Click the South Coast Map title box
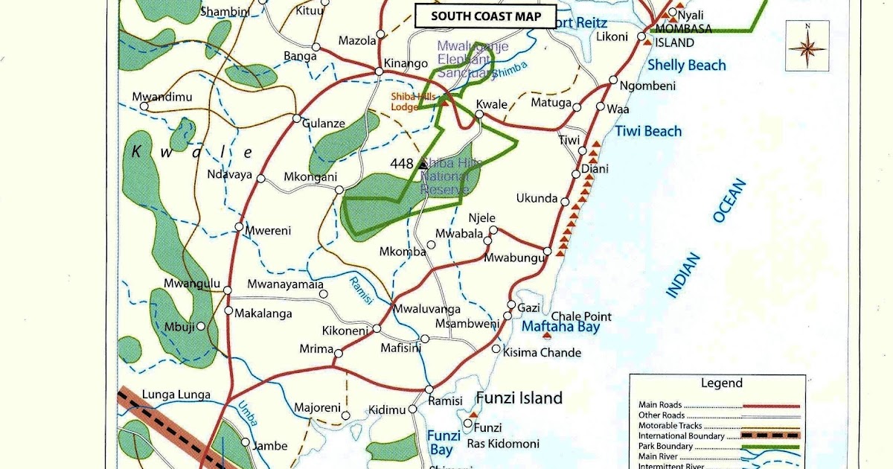[477, 16]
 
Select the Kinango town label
[406, 63]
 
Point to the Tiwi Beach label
[647, 132]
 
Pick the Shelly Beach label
[686, 66]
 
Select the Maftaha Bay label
[560, 327]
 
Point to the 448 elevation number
[401, 163]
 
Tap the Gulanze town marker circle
[296, 118]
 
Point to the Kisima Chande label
[542, 352]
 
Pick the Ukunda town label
[537, 199]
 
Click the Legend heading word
[721, 383]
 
